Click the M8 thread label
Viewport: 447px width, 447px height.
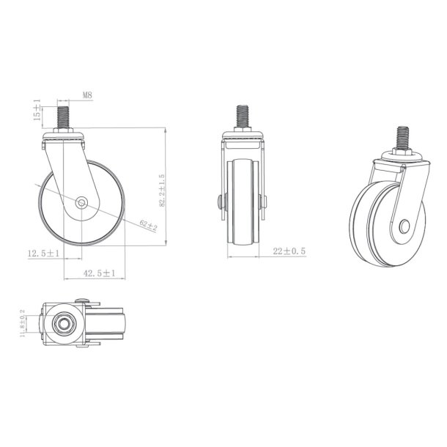point(86,95)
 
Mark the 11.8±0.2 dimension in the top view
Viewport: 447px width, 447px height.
point(23,323)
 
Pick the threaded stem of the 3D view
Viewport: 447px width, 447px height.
point(402,138)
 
